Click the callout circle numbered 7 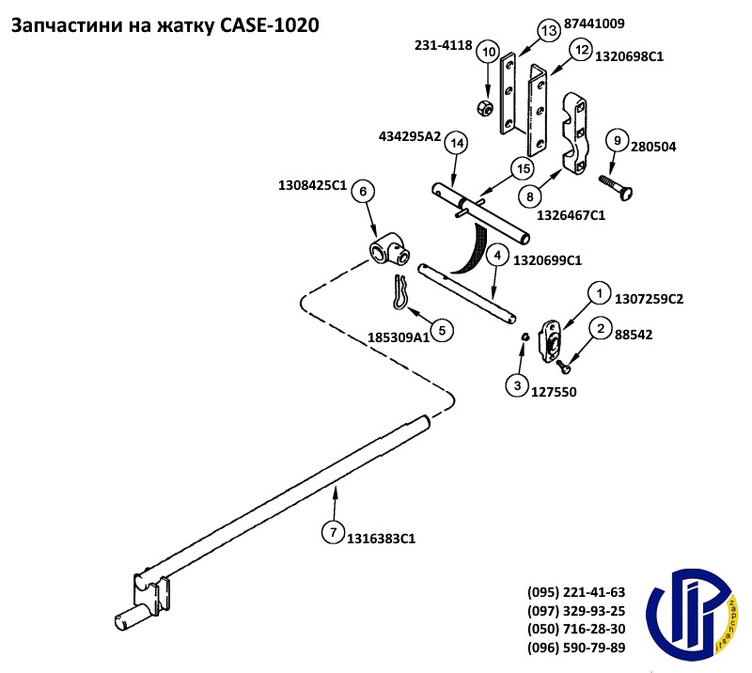tap(331, 532)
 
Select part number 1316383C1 tap(382, 539)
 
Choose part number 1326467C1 tap(570, 215)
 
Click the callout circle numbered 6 tap(364, 191)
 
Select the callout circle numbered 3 tap(517, 383)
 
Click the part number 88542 tap(634, 335)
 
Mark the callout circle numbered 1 tap(597, 293)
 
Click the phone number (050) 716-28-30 tap(576, 629)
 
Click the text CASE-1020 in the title tap(271, 26)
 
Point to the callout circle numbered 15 tap(523, 168)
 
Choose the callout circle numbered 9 tap(617, 140)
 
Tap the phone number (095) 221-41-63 tap(576, 593)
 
